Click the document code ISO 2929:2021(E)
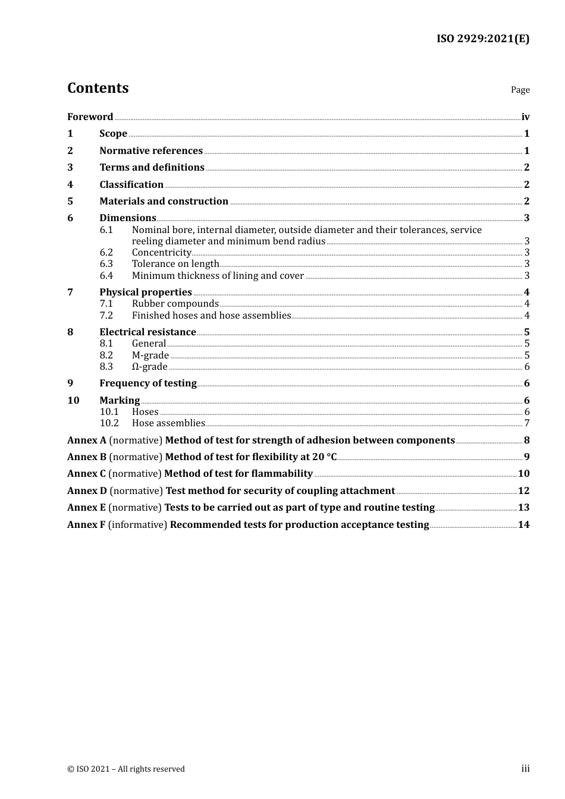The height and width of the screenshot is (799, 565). [x=483, y=39]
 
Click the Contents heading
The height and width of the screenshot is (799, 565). [x=98, y=88]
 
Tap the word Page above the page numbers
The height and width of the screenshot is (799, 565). [x=520, y=90]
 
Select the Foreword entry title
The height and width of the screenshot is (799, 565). [x=90, y=117]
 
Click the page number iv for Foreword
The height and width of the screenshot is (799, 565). [x=525, y=117]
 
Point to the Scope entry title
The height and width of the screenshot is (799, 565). [x=113, y=134]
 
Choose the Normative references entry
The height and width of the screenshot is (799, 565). [x=151, y=151]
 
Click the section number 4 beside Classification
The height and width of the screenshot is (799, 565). [x=70, y=185]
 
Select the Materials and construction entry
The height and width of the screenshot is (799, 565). [x=164, y=202]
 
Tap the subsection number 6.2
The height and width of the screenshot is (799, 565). [x=106, y=253]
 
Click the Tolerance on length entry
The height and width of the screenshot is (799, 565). [x=175, y=264]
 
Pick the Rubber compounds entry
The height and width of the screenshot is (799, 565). [x=175, y=304]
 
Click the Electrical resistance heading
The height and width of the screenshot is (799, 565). [x=147, y=332]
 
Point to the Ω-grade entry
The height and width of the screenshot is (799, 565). [x=149, y=367]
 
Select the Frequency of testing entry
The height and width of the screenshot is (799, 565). [x=148, y=383]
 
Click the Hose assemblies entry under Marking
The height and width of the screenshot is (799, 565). [x=168, y=423]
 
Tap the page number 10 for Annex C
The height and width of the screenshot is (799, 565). [x=523, y=474]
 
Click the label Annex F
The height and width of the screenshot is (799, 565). [x=86, y=525]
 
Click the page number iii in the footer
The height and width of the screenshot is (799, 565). [x=525, y=769]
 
